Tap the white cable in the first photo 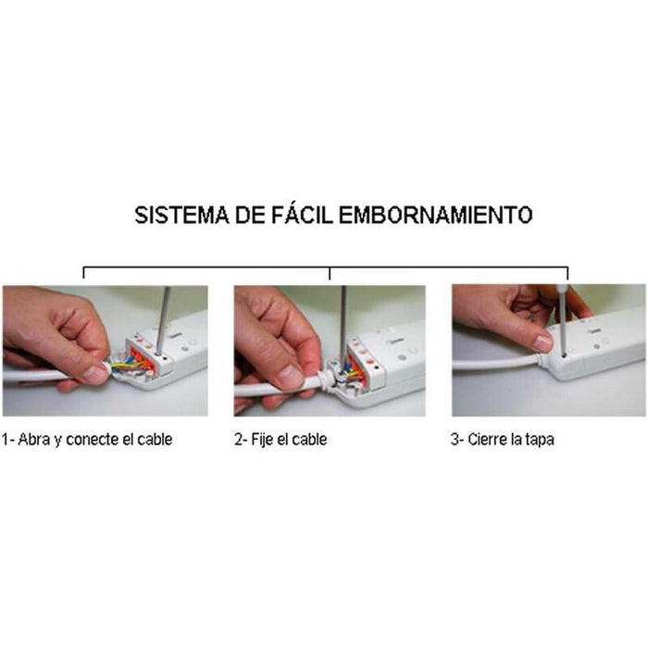[37, 376]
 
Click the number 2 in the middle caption [237, 440]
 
